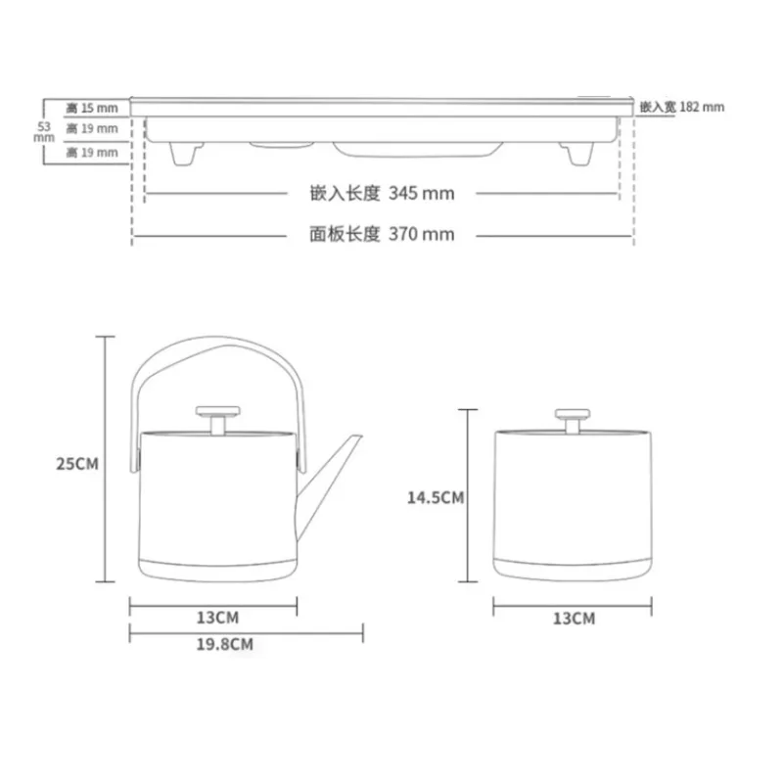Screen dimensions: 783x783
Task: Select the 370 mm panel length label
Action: tap(382, 234)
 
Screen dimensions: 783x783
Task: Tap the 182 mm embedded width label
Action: tap(682, 106)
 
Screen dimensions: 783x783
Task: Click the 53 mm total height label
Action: tap(43, 132)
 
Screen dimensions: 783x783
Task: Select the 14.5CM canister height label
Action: tap(435, 497)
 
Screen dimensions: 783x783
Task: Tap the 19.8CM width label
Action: tap(224, 644)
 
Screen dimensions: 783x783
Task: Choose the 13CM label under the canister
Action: tap(573, 618)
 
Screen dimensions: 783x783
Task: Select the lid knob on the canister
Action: tap(572, 416)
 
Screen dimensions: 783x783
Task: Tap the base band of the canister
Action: tap(572, 567)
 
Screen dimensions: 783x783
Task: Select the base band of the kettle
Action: tap(215, 567)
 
